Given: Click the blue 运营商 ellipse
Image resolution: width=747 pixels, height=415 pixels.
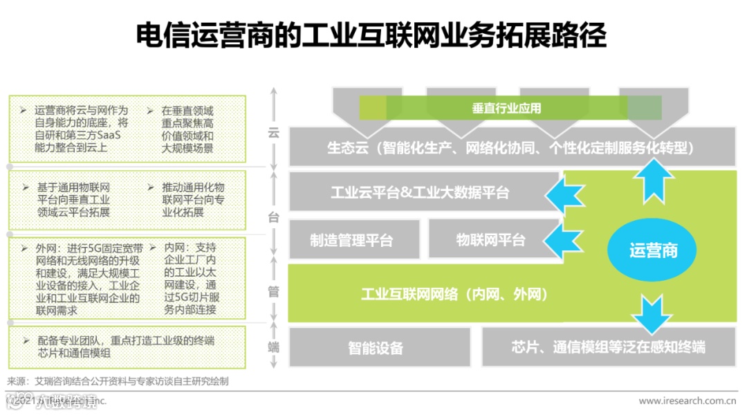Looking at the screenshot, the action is pos(653,250).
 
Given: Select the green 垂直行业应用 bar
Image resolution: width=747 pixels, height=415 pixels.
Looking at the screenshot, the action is pos(510,108).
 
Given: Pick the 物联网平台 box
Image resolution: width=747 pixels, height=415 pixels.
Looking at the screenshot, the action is pos(490,240).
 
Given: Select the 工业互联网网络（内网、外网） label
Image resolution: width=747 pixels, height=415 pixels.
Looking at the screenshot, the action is pos(454,294).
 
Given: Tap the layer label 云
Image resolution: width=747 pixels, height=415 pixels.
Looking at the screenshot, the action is pos(273,133).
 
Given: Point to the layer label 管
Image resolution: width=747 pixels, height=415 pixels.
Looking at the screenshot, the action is pos(273,291).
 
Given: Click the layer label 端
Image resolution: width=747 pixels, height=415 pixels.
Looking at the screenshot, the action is pos(273,347).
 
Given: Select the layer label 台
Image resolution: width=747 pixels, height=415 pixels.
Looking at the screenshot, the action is pos(273,216).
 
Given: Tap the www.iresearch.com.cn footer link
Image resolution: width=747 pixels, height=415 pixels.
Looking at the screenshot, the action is pos(686,400).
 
